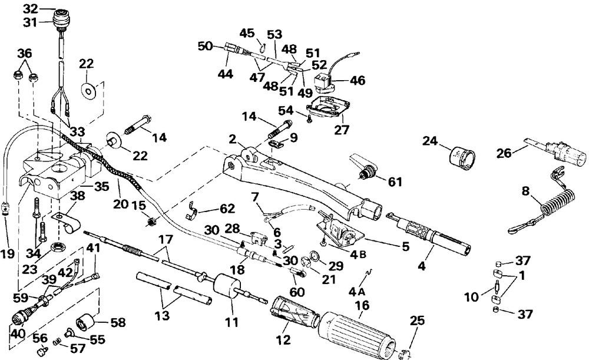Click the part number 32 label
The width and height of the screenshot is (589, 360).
pos(31,8)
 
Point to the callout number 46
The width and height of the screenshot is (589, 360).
pos(358,80)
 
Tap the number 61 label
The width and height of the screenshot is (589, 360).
pos(395,182)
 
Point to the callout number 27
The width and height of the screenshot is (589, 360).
pos(342,130)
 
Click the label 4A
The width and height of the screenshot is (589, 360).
pos(357,291)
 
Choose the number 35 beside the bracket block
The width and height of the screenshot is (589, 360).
pos(102,186)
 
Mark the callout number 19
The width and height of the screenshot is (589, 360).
pos(7,254)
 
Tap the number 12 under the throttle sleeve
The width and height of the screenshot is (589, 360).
pos(283,340)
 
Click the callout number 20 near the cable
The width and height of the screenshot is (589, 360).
pos(121,204)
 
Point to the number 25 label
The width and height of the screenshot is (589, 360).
pos(417,321)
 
